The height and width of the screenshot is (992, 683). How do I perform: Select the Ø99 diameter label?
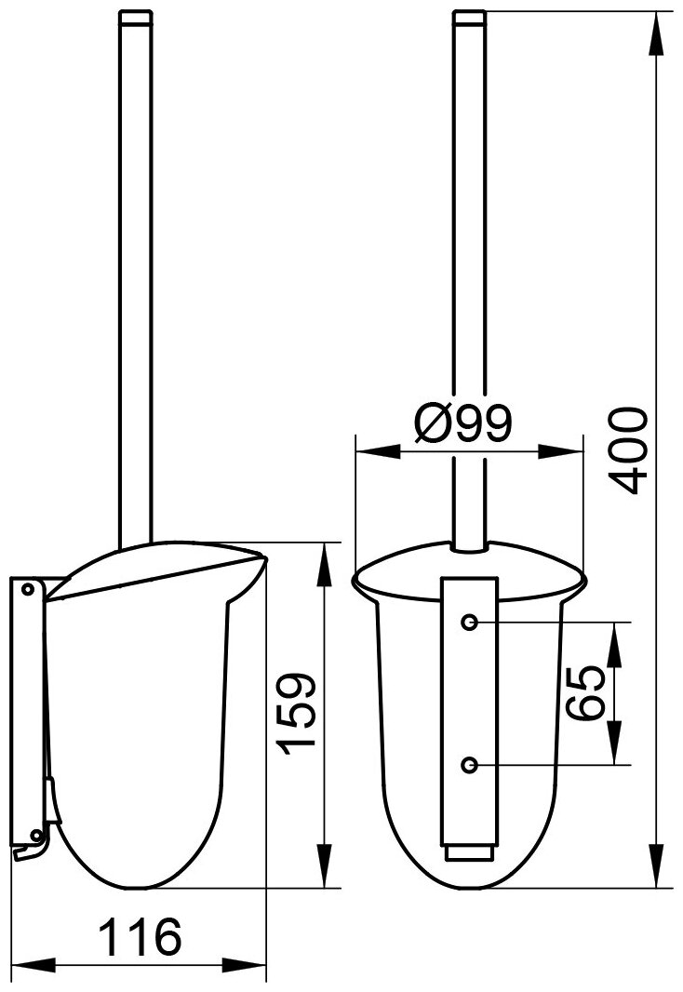pos(462,422)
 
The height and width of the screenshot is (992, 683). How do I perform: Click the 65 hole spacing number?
pos(585,692)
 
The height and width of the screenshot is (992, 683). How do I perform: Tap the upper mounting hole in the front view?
pos(469,622)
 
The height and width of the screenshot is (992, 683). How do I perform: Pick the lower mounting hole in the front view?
pos(469,765)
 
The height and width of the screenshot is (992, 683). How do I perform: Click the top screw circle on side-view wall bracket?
pos(27,590)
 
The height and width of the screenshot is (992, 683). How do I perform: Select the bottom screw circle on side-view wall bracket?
pos(35,833)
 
